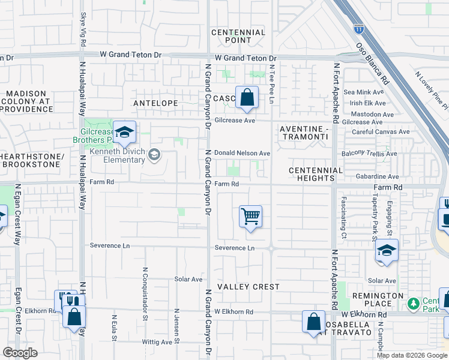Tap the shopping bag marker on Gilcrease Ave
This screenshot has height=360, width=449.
click(247, 97)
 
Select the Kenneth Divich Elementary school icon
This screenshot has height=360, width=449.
click(154, 155)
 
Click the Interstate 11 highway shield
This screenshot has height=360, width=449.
click(359, 28)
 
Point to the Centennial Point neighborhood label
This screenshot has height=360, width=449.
click(238, 36)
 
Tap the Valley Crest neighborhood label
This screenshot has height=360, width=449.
click(249, 287)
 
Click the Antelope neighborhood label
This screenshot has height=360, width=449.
click(155, 103)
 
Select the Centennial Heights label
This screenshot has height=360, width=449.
click(315, 174)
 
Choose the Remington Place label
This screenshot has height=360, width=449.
click(379, 300)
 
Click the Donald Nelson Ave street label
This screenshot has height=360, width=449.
click(242, 154)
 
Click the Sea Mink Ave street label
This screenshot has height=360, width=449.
click(363, 92)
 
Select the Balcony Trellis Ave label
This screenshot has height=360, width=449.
click(369, 154)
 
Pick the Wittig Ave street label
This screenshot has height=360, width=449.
click(157, 343)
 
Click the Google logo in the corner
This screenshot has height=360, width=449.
click(20, 352)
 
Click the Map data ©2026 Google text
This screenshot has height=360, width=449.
click(412, 355)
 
